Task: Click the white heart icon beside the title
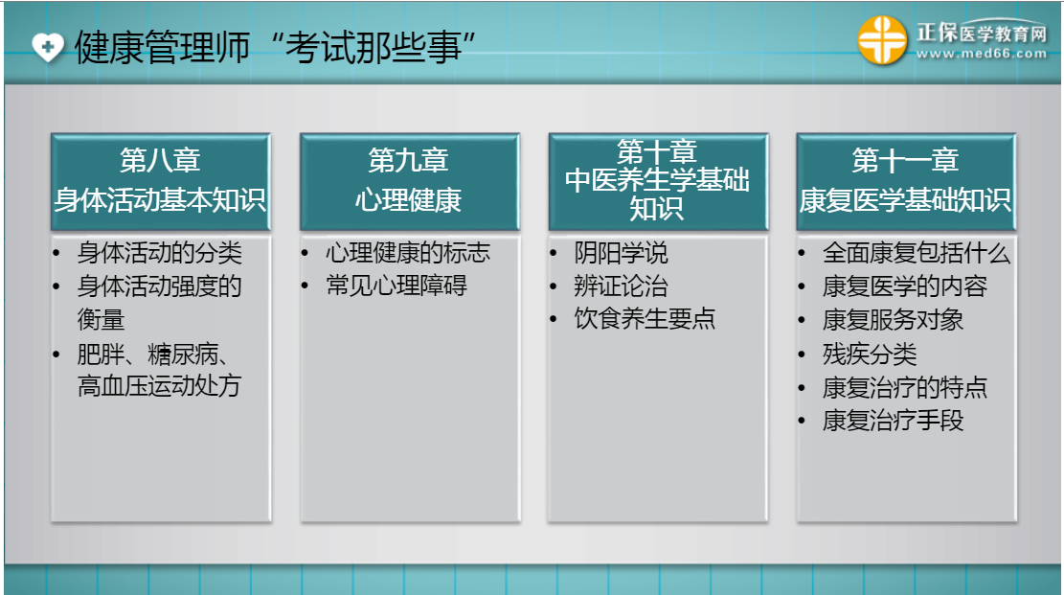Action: [x=48, y=47]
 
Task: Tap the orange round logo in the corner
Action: [x=882, y=40]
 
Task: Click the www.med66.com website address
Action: [x=982, y=54]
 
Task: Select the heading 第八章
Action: [x=160, y=161]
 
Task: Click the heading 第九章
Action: [x=409, y=161]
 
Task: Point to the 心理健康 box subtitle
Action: [x=409, y=200]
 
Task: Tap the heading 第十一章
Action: [x=905, y=161]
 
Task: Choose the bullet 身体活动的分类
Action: [x=160, y=253]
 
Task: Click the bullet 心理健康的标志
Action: [x=408, y=253]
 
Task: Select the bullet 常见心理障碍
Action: [x=396, y=286]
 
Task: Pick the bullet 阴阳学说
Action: [x=621, y=253]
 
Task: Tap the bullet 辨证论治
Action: [x=621, y=286]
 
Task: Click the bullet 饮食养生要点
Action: [x=645, y=318]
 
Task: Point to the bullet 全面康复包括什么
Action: [x=917, y=253]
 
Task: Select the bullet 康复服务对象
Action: [x=893, y=320]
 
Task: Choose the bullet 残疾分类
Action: [x=870, y=354]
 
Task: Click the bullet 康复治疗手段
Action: [x=893, y=421]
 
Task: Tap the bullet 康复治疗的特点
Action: [x=904, y=388]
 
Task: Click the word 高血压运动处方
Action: [x=160, y=386]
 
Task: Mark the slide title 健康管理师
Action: [x=162, y=48]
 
